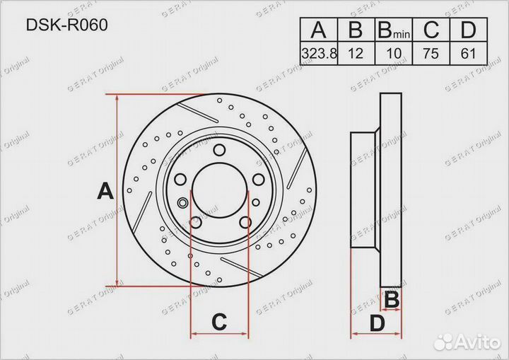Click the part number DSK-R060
pyautogui.click(x=66, y=25)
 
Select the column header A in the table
pyautogui.click(x=318, y=30)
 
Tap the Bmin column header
pyautogui.click(x=394, y=30)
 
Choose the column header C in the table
pyautogui.click(x=431, y=30)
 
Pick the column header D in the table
pyautogui.click(x=468, y=30)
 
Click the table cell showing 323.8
pyautogui.click(x=319, y=53)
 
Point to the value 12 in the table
pyautogui.click(x=356, y=53)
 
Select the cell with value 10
pyautogui.click(x=394, y=53)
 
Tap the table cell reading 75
pyautogui.click(x=431, y=53)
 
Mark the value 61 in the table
pyautogui.click(x=468, y=53)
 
